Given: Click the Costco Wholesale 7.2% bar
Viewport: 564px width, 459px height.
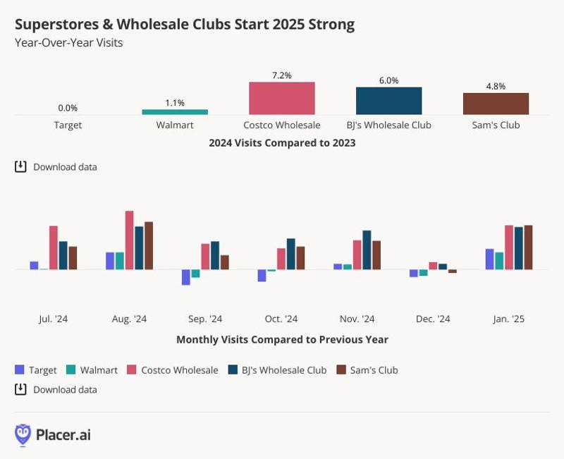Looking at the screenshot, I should (x=281, y=98).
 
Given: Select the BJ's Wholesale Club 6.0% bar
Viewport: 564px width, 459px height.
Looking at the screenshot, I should (x=388, y=101).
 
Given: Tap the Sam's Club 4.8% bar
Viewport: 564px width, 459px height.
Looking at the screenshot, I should (x=496, y=104).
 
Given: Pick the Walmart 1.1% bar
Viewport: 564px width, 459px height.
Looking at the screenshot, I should (x=175, y=111).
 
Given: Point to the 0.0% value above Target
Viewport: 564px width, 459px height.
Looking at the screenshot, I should (x=68, y=108).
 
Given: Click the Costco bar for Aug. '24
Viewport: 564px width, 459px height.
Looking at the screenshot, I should (x=129, y=240).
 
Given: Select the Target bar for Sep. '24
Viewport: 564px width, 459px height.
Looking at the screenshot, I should (x=186, y=277).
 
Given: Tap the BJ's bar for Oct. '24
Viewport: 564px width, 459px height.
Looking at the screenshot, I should (x=291, y=254).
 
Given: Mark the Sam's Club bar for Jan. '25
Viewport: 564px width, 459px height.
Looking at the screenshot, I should (x=528, y=247).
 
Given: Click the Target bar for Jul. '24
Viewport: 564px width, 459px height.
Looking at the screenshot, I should (x=34, y=265).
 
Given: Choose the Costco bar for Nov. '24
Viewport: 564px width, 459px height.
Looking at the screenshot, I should (x=357, y=255).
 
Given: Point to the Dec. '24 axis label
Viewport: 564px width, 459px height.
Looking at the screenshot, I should (x=433, y=319).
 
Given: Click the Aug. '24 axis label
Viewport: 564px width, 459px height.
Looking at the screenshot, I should (x=129, y=319).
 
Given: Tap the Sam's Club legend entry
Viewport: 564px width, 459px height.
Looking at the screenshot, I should (x=367, y=369).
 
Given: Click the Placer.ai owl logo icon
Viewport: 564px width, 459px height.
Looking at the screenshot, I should (x=23, y=434).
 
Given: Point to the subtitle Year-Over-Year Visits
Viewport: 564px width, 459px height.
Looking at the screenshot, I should (x=68, y=42).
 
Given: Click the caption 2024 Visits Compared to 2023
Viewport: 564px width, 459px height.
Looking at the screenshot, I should (x=282, y=142).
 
